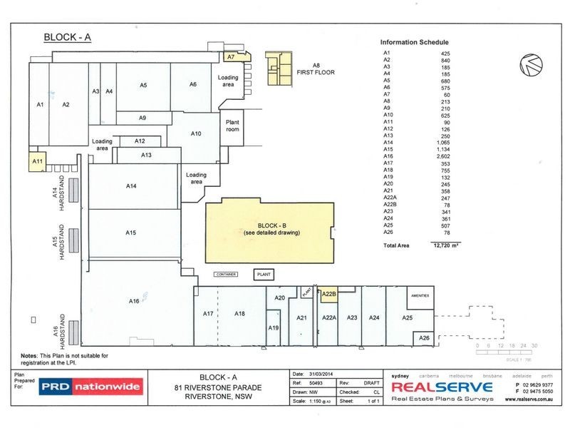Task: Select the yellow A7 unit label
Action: (231, 56)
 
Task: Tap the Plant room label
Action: (232, 126)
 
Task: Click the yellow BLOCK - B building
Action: (269, 229)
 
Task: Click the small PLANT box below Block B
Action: (264, 273)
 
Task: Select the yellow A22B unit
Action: (328, 293)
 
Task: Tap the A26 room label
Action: (424, 337)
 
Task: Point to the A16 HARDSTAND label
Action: (57, 327)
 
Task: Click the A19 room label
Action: (273, 327)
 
